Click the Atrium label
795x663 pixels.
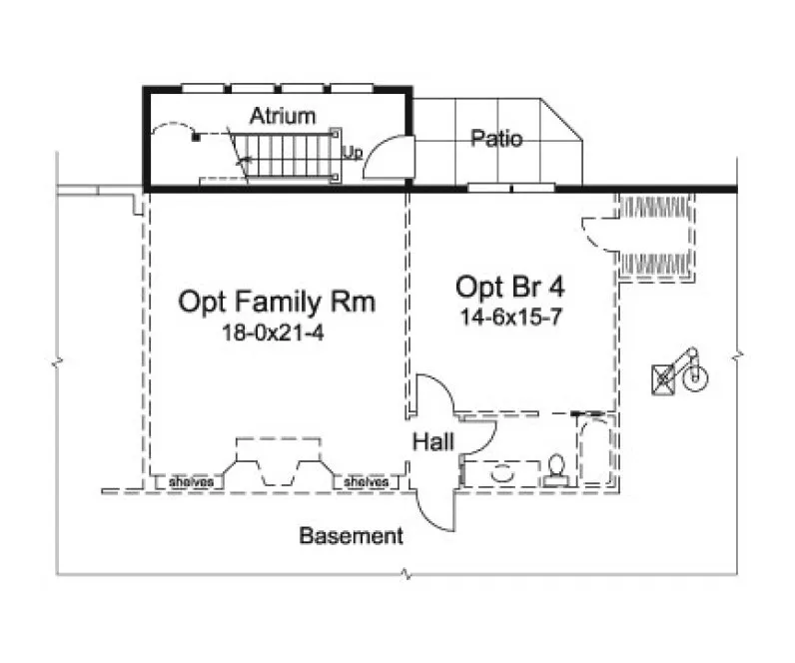(282, 115)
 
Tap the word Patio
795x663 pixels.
(495, 139)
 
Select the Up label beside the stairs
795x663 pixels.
(352, 153)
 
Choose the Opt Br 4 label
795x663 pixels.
(510, 288)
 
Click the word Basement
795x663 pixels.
(352, 536)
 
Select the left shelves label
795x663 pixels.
(190, 482)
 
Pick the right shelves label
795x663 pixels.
(366, 482)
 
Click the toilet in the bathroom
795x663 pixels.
(557, 470)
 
